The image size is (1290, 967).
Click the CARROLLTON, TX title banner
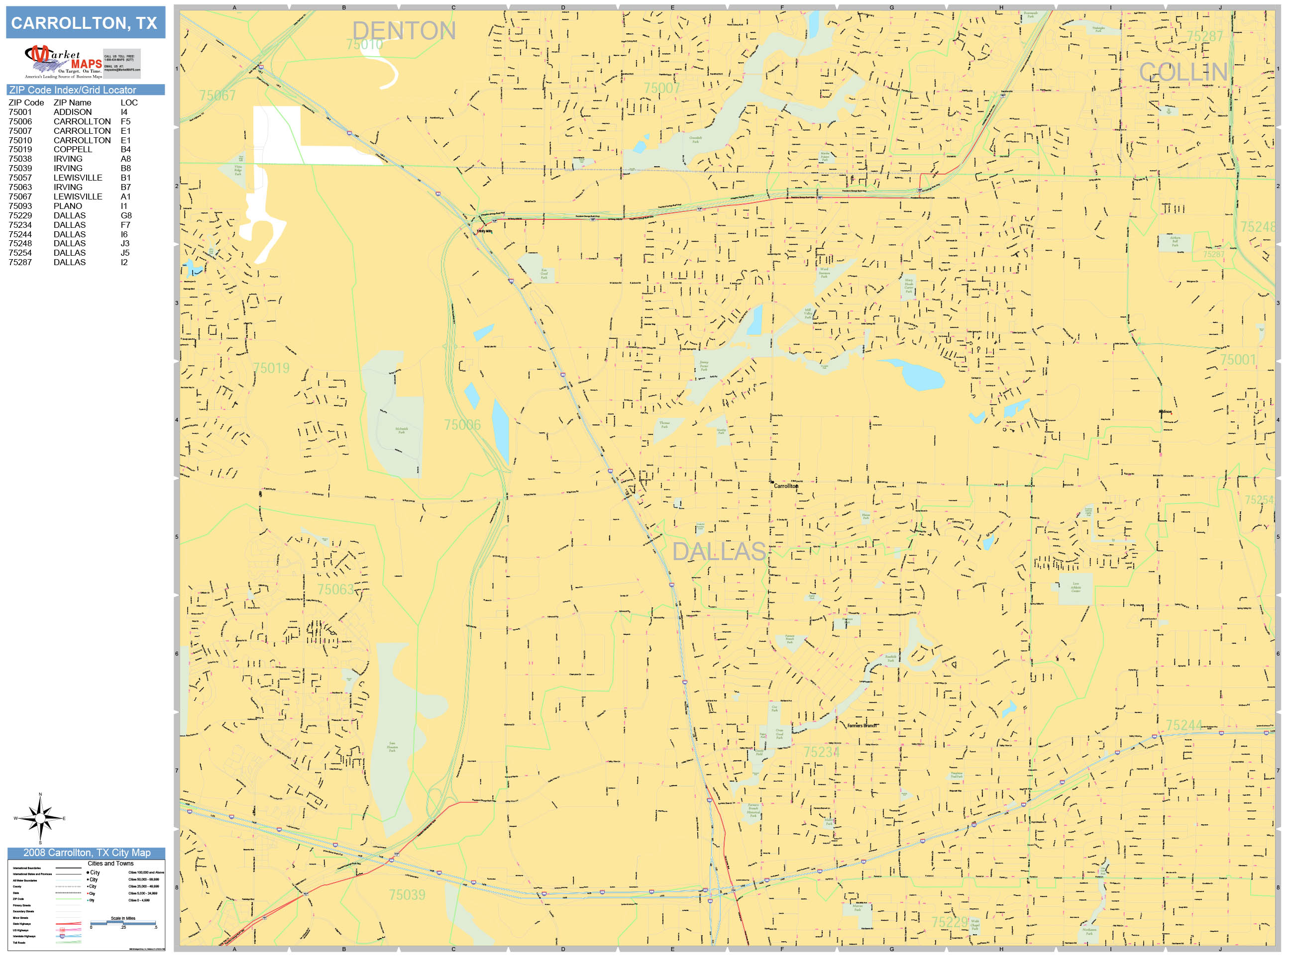pyautogui.click(x=85, y=23)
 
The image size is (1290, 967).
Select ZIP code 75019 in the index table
pyautogui.click(x=20, y=149)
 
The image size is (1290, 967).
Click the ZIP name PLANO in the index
pyautogui.click(x=68, y=206)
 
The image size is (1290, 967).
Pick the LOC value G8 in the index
pyautogui.click(x=126, y=215)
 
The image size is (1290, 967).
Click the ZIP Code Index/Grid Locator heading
pyautogui.click(x=73, y=90)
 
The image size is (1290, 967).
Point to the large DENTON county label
pyautogui.click(x=404, y=30)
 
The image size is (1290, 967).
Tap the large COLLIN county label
pyautogui.click(x=1183, y=72)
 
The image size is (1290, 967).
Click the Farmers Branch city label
pyautogui.click(x=861, y=726)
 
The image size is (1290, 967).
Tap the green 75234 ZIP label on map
pyautogui.click(x=821, y=752)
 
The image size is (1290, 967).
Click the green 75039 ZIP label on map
pyautogui.click(x=407, y=895)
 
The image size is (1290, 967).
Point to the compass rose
pyautogui.click(x=40, y=818)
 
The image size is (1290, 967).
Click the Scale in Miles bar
pyautogui.click(x=123, y=923)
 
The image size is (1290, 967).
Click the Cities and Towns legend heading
pyautogui.click(x=110, y=863)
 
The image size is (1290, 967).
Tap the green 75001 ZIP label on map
pyautogui.click(x=1238, y=360)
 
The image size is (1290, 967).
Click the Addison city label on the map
pyautogui.click(x=1165, y=411)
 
